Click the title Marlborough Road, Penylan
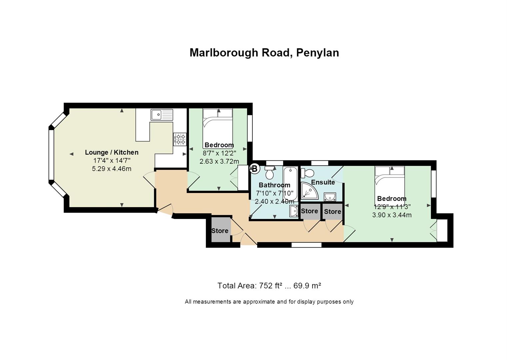point(264,53)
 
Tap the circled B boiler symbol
point(254,169)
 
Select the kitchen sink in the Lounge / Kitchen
point(162,115)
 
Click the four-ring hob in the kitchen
point(180,139)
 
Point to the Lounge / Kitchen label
point(112,152)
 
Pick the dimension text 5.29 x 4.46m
point(112,169)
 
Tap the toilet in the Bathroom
point(269,173)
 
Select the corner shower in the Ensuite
point(310,191)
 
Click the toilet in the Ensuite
point(307,173)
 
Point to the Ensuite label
point(323,182)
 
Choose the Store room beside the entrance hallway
point(220,230)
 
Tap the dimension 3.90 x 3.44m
point(392,215)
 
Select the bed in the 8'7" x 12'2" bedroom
point(218,129)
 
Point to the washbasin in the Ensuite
point(330,197)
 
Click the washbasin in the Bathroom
point(294,211)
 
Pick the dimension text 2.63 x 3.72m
point(219,161)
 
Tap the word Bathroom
point(274,185)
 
